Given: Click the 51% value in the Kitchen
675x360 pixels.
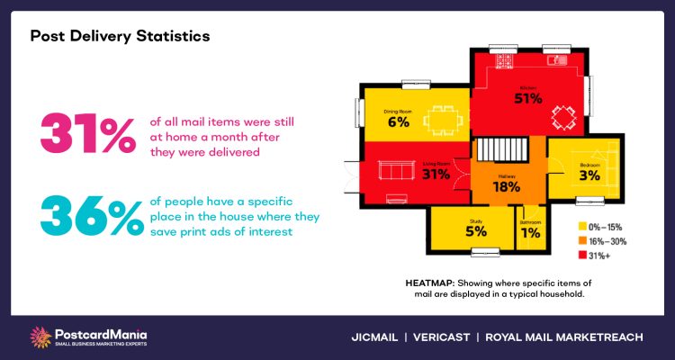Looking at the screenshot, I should point(529,98).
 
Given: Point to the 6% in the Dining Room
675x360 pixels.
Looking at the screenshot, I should point(398,122).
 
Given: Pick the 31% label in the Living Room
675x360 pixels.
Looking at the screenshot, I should point(436,174).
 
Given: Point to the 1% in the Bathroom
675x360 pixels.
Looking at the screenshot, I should point(531,233).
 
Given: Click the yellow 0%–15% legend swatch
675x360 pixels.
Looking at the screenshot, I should point(582,226).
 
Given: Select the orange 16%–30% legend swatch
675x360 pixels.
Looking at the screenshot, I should point(582,240).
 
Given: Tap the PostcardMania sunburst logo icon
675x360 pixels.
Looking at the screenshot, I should point(41,336).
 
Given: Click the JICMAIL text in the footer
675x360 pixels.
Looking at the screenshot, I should point(376,337).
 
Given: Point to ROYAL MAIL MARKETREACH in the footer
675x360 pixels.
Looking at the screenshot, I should point(563,337).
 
